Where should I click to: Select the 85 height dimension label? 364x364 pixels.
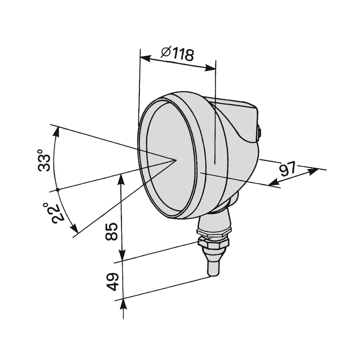click(112, 231)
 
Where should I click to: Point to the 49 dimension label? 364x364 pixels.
click(112, 282)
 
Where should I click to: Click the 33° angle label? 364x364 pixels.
click(44, 160)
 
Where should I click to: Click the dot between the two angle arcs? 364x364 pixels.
click(58, 190)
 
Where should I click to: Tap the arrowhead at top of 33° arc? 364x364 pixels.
click(56, 132)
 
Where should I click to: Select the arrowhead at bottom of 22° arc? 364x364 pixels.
click(75, 229)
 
